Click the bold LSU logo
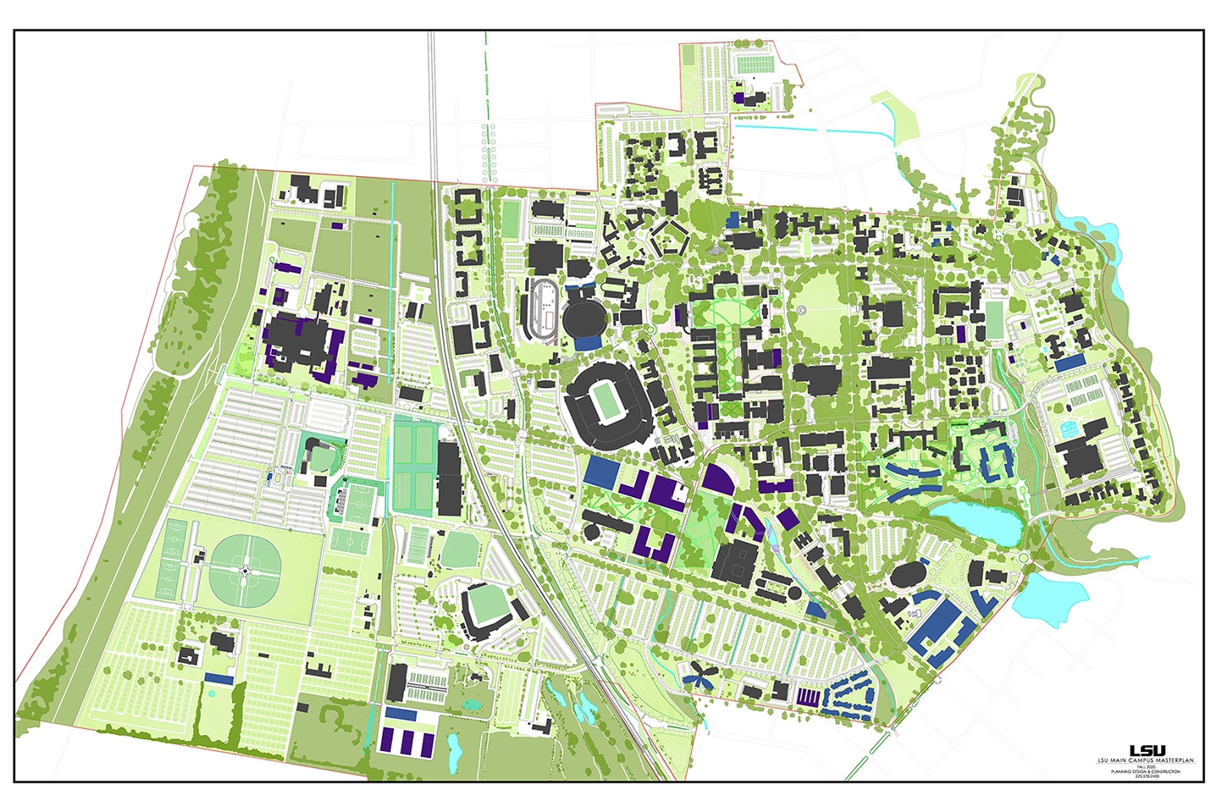coord(1147,750)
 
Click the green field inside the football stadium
coord(607,401)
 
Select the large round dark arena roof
coord(583,320)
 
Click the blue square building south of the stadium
coord(601,471)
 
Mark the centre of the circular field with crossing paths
coord(244,572)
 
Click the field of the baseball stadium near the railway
coord(484,605)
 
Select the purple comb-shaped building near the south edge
coord(809,697)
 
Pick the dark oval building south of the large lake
coord(909,576)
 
